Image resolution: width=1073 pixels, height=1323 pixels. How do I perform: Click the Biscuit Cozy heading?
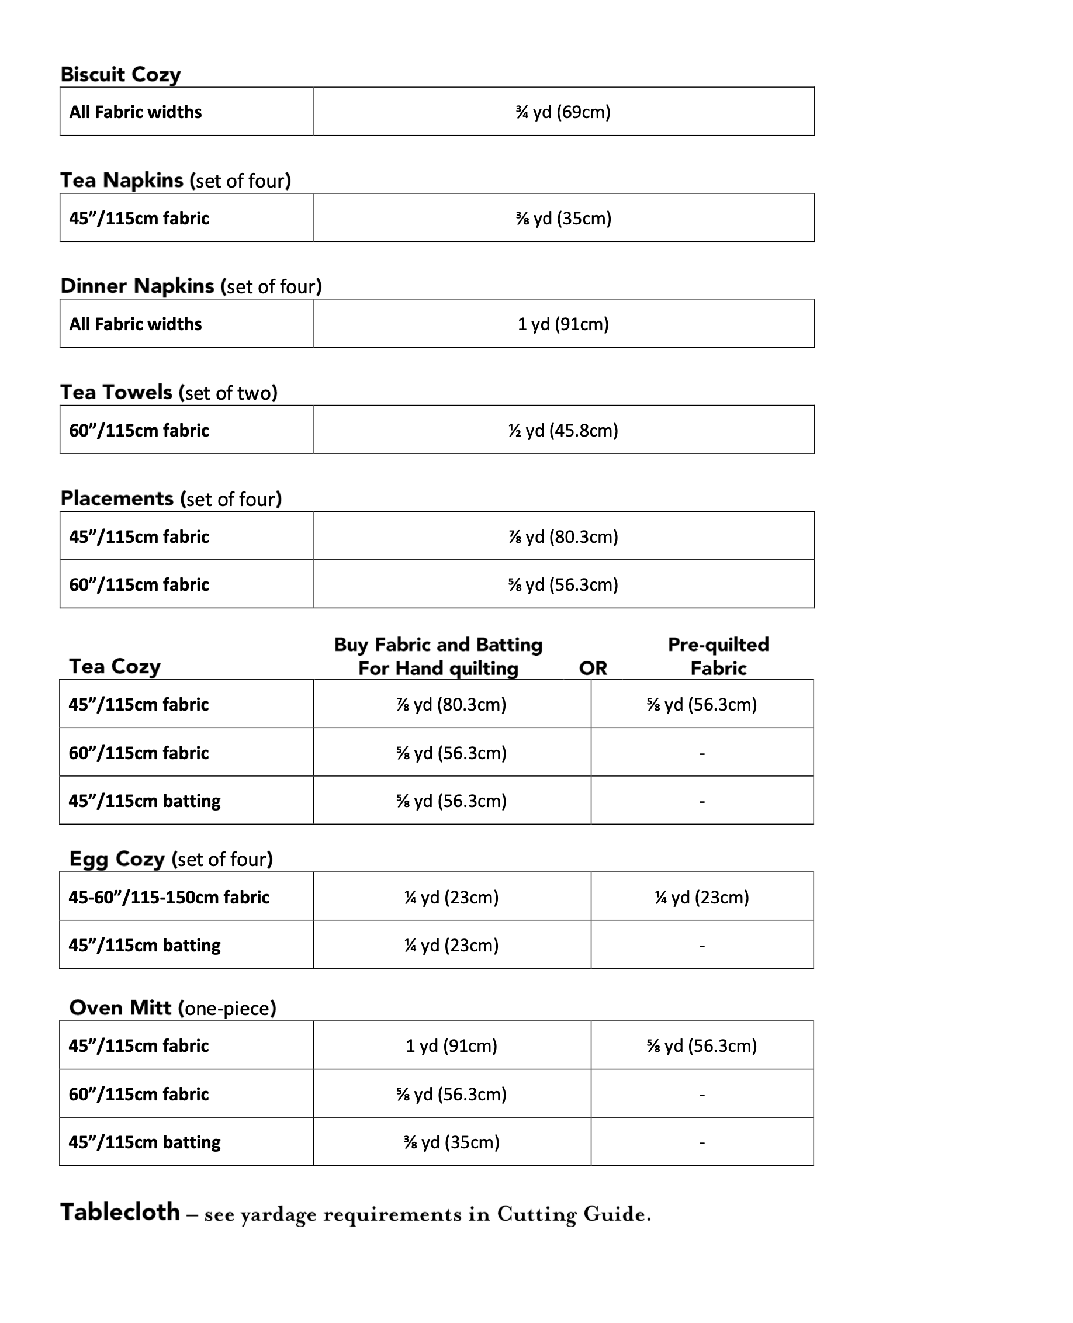(x=120, y=74)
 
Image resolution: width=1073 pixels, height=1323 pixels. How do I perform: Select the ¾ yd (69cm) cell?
(x=563, y=112)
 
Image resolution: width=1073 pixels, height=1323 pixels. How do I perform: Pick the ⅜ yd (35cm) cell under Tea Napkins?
(x=563, y=218)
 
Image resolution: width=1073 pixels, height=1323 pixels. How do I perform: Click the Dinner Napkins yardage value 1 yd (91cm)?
(x=563, y=324)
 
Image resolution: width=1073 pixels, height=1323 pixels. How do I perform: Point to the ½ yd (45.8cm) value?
(x=563, y=430)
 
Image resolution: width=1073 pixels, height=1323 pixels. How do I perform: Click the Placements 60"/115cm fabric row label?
(x=139, y=584)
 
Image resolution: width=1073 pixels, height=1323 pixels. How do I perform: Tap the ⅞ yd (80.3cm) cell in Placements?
(x=563, y=536)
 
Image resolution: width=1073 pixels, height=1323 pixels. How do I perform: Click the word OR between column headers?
(x=593, y=668)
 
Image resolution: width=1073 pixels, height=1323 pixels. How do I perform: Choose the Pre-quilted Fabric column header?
(x=718, y=656)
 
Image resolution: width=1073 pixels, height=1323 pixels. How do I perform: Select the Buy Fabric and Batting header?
(x=438, y=656)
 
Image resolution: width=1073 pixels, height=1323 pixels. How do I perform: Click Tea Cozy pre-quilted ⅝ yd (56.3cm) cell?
(x=701, y=704)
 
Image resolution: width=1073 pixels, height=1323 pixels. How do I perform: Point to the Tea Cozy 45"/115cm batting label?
(x=144, y=801)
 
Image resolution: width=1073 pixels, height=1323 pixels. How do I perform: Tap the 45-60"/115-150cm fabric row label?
(x=169, y=897)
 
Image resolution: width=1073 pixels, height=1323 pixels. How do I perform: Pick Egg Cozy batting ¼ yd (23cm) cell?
(x=451, y=945)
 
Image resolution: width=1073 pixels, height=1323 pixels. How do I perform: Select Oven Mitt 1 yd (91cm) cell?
(x=451, y=1045)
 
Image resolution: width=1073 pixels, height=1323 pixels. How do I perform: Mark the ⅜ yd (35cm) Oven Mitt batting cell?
(x=451, y=1142)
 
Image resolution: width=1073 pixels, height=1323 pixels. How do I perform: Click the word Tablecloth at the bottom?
(x=120, y=1213)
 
